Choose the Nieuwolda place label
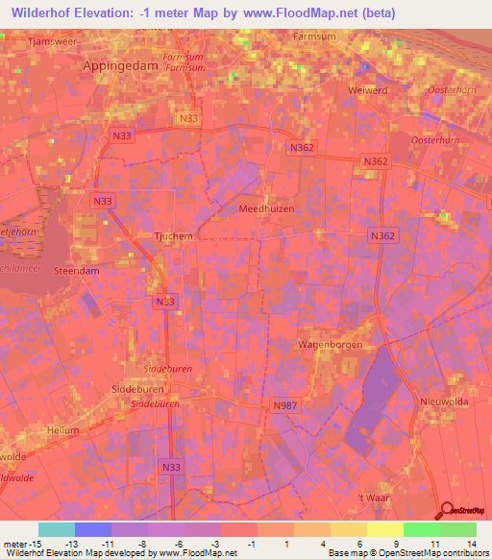coord(442,401)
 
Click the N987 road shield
coord(283,406)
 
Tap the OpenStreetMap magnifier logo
coord(446,511)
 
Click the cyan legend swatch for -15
coord(56,529)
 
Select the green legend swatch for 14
coord(457,529)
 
